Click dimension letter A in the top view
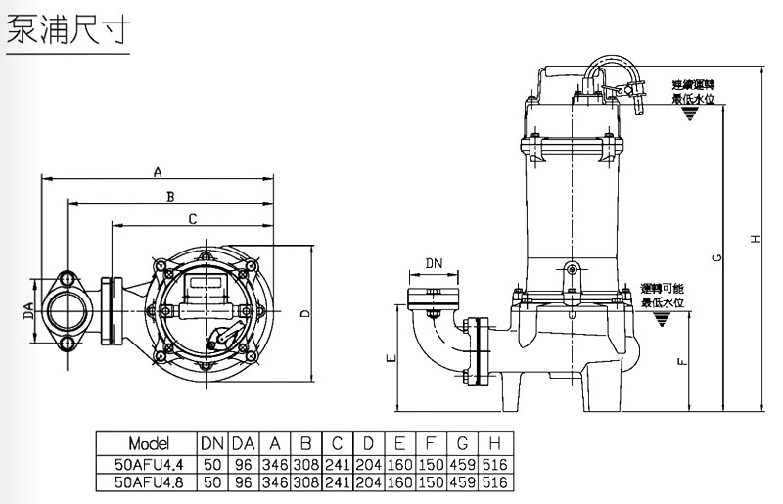pos(157,172)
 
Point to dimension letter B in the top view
pos(169,195)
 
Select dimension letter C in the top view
pos(192,217)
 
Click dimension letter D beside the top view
pos(305,313)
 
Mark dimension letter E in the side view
pos(391,359)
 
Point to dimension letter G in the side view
pos(717,256)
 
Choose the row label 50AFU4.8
pos(148,482)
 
